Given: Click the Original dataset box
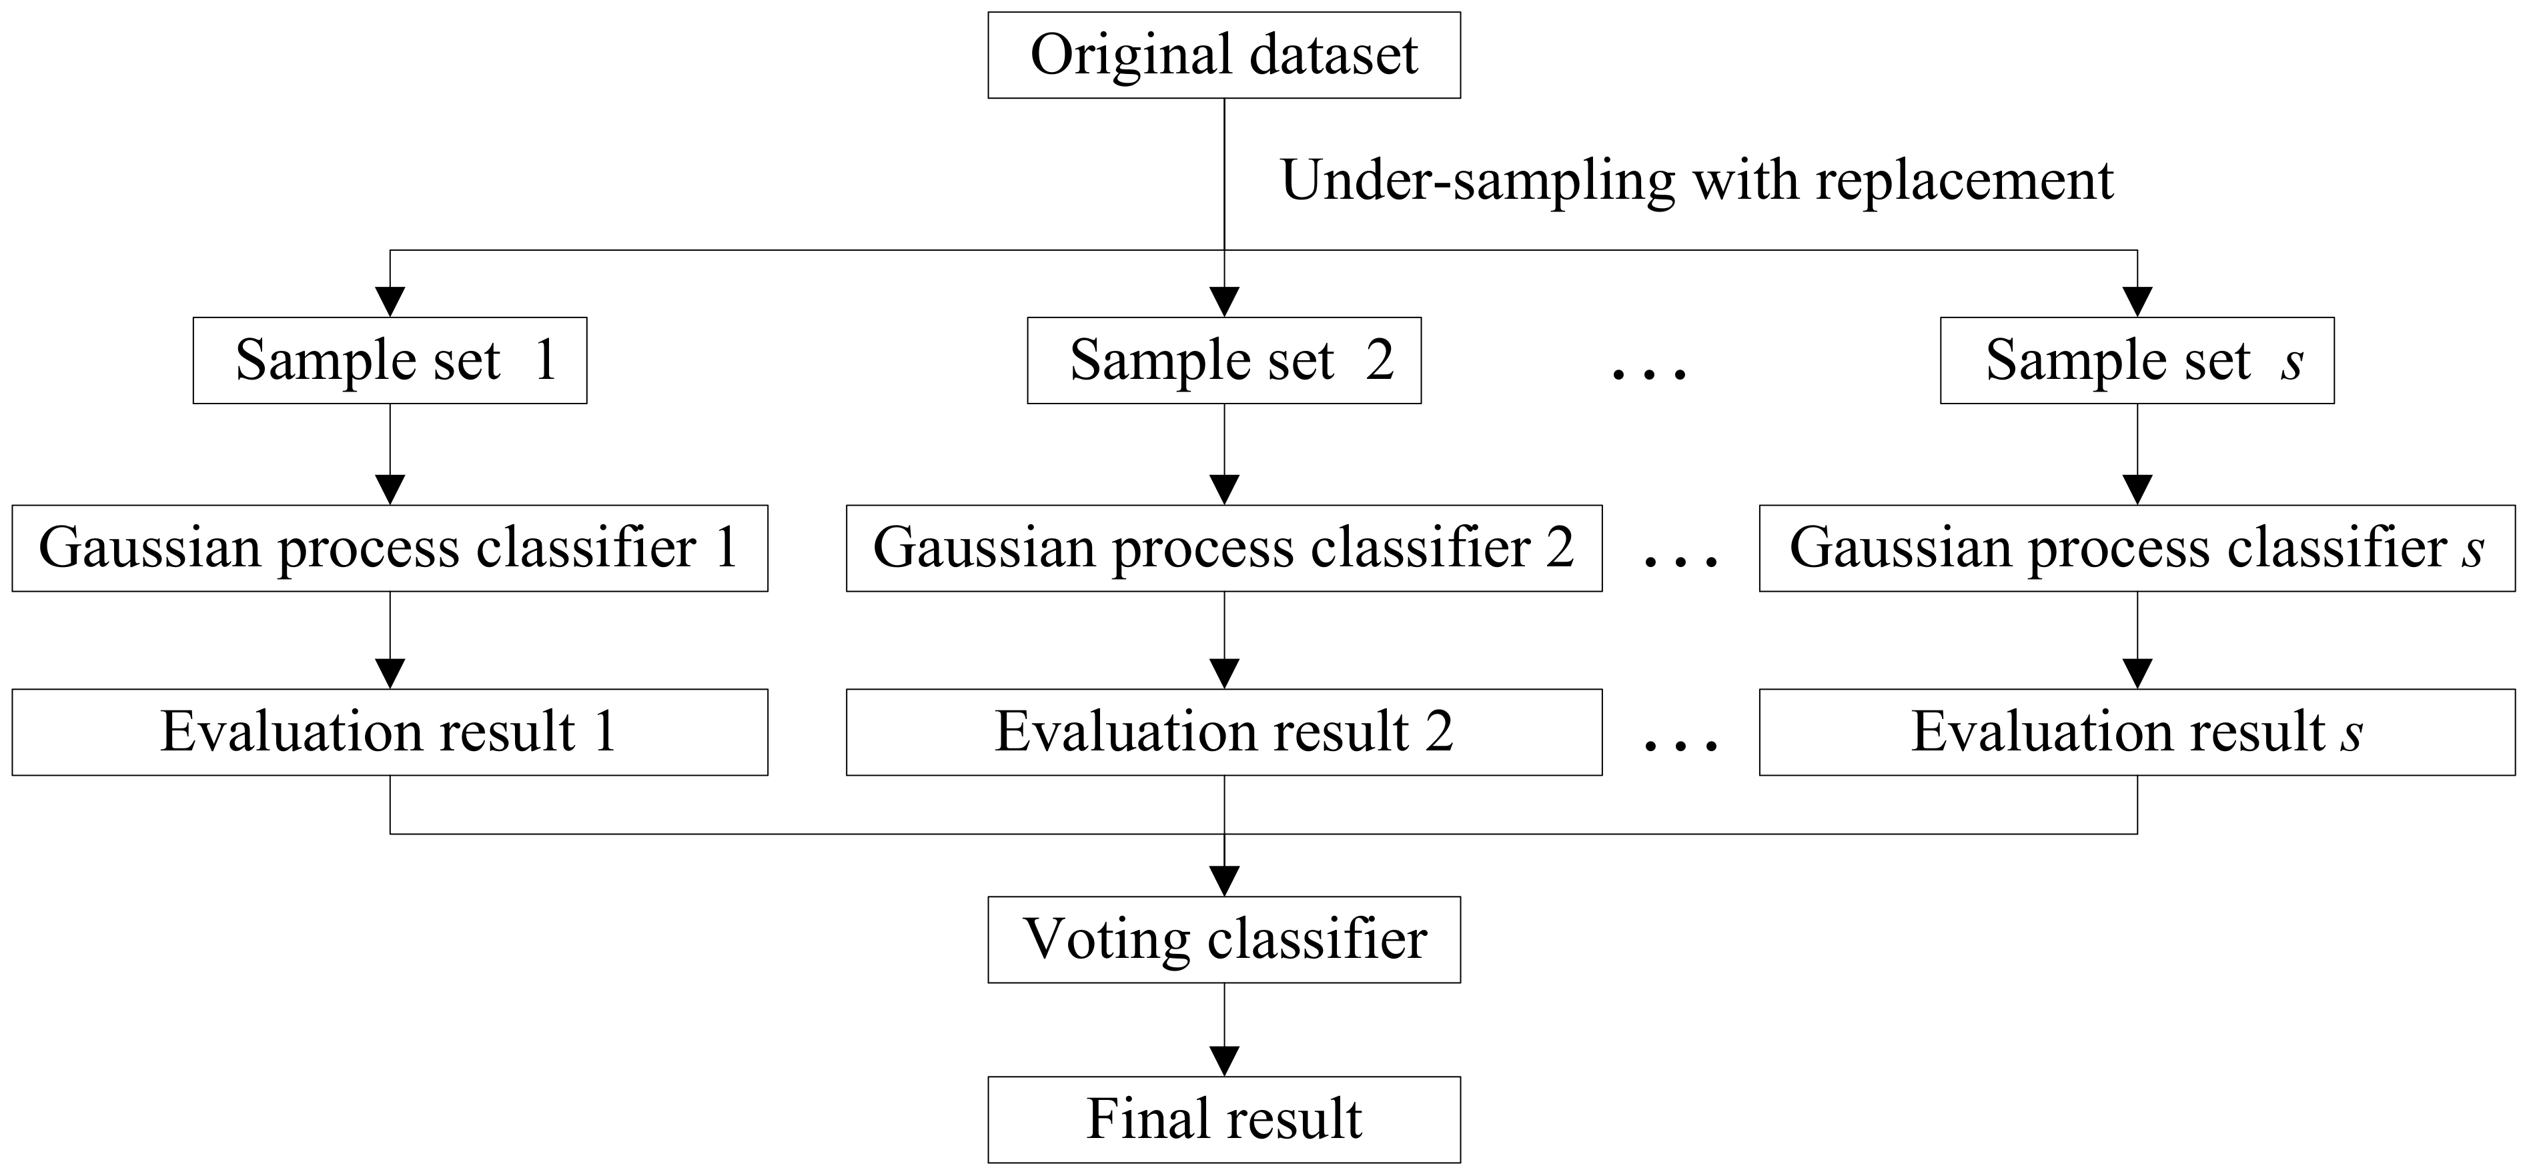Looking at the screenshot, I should [1223, 55].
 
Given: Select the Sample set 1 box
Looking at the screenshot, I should [390, 360].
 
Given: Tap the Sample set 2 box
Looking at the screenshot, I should [1223, 360].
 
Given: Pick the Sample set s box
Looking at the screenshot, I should [2137, 360].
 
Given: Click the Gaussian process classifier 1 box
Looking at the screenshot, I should [390, 548].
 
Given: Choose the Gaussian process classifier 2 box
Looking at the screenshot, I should [1223, 548].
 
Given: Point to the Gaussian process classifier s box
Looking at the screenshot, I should [2137, 548].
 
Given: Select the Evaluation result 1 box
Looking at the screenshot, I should [390, 732].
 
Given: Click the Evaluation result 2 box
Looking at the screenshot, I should [1223, 732].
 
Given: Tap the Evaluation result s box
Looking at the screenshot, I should [2137, 732].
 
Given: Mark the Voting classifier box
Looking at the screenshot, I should [1223, 940].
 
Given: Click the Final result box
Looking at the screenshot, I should [1223, 1119].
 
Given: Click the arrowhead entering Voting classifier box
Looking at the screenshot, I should [1224, 880].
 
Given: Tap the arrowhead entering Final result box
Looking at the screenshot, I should [1224, 1060].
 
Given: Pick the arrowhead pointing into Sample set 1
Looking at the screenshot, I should [390, 301].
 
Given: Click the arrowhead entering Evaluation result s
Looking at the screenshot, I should [2137, 674].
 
